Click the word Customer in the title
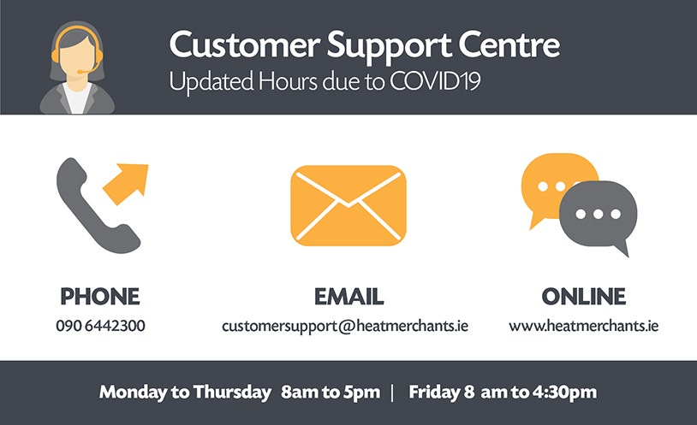(x=245, y=44)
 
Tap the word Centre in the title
(x=509, y=44)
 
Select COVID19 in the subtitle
(x=435, y=81)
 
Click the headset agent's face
(x=76, y=59)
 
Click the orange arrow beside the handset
(x=126, y=183)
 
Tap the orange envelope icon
(x=348, y=205)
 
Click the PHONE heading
(x=100, y=297)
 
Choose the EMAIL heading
(x=348, y=297)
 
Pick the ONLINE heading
(x=584, y=297)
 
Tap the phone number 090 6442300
(x=100, y=326)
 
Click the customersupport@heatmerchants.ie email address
(x=345, y=327)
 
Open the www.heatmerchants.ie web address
(x=584, y=326)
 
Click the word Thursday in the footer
(x=232, y=393)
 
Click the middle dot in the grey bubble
(x=599, y=214)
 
